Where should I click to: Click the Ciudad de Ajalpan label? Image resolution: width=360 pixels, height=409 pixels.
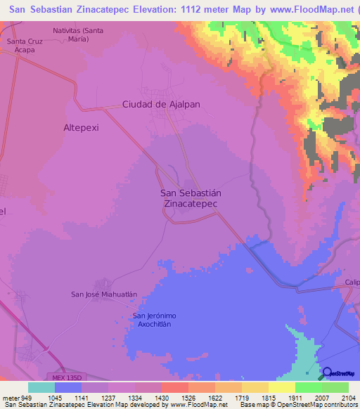(x=162, y=104)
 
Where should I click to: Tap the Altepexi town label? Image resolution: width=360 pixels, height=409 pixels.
(x=83, y=127)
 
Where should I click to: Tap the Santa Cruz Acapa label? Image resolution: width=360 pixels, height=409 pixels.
(x=25, y=46)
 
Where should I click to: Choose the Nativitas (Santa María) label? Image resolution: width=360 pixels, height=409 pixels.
(x=82, y=35)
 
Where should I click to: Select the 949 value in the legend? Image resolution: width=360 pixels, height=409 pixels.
(x=20, y=398)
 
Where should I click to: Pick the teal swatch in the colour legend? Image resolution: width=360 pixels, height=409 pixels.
(x=41, y=387)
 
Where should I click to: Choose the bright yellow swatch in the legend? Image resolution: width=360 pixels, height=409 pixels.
(x=282, y=387)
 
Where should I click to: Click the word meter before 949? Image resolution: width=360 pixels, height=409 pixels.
(x=8, y=398)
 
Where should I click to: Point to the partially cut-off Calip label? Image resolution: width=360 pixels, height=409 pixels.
(x=352, y=283)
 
